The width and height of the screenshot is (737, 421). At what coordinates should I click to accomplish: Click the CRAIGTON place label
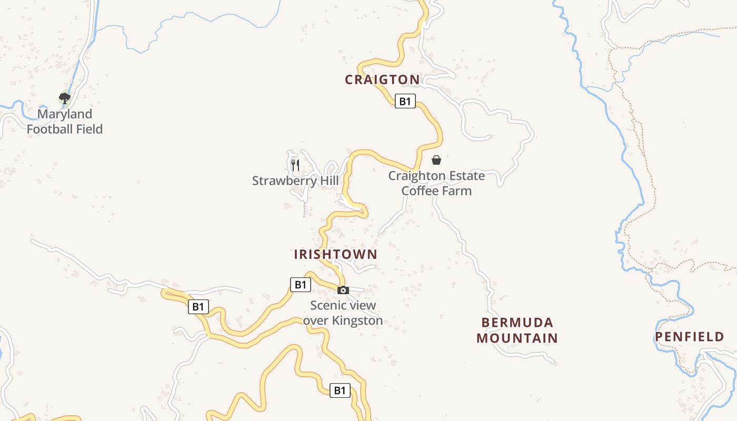382,80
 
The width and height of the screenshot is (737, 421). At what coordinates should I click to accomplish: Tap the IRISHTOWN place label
335,255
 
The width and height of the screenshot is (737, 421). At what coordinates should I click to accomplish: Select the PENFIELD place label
689,337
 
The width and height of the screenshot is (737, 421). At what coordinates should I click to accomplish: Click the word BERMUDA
517,322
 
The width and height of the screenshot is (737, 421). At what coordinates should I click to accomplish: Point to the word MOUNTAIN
517,338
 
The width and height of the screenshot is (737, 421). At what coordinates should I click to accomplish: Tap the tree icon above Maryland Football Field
65,98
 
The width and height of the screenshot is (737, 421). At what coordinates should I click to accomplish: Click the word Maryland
65,114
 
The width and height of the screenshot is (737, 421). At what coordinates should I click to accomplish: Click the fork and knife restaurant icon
295,165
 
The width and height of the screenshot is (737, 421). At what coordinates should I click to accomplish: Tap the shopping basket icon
436,160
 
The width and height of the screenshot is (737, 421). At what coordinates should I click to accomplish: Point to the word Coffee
420,191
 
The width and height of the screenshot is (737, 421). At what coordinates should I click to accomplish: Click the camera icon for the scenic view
343,290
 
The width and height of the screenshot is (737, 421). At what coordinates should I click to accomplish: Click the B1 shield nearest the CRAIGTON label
405,101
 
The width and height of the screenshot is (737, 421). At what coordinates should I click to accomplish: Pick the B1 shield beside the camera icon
300,285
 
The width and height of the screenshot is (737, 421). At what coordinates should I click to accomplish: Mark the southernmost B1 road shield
340,390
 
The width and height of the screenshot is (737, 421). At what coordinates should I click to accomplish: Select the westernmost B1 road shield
198,307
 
